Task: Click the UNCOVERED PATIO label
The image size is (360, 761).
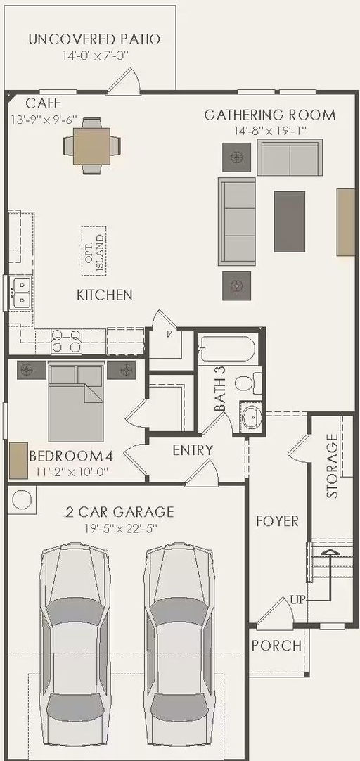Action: tap(94, 39)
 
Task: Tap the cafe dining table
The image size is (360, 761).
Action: tap(91, 145)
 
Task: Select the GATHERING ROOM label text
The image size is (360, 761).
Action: tap(270, 115)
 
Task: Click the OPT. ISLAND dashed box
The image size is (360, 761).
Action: tap(94, 251)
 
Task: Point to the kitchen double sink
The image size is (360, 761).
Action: tap(22, 292)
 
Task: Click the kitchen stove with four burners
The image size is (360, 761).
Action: tap(67, 340)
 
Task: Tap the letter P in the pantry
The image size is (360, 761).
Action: tap(169, 334)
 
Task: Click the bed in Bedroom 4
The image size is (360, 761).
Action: tap(76, 402)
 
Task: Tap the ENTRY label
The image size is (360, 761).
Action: tap(193, 450)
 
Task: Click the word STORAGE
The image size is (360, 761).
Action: tap(333, 466)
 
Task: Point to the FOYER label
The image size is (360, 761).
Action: tap(278, 522)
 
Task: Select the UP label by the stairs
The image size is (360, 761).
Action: tap(297, 600)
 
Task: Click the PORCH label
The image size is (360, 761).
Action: tap(276, 646)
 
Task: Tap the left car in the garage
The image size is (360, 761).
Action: tap(75, 650)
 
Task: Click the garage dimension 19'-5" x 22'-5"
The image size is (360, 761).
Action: tap(120, 527)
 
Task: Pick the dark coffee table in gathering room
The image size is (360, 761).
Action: tap(290, 222)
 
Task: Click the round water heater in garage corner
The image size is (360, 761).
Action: tap(21, 500)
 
